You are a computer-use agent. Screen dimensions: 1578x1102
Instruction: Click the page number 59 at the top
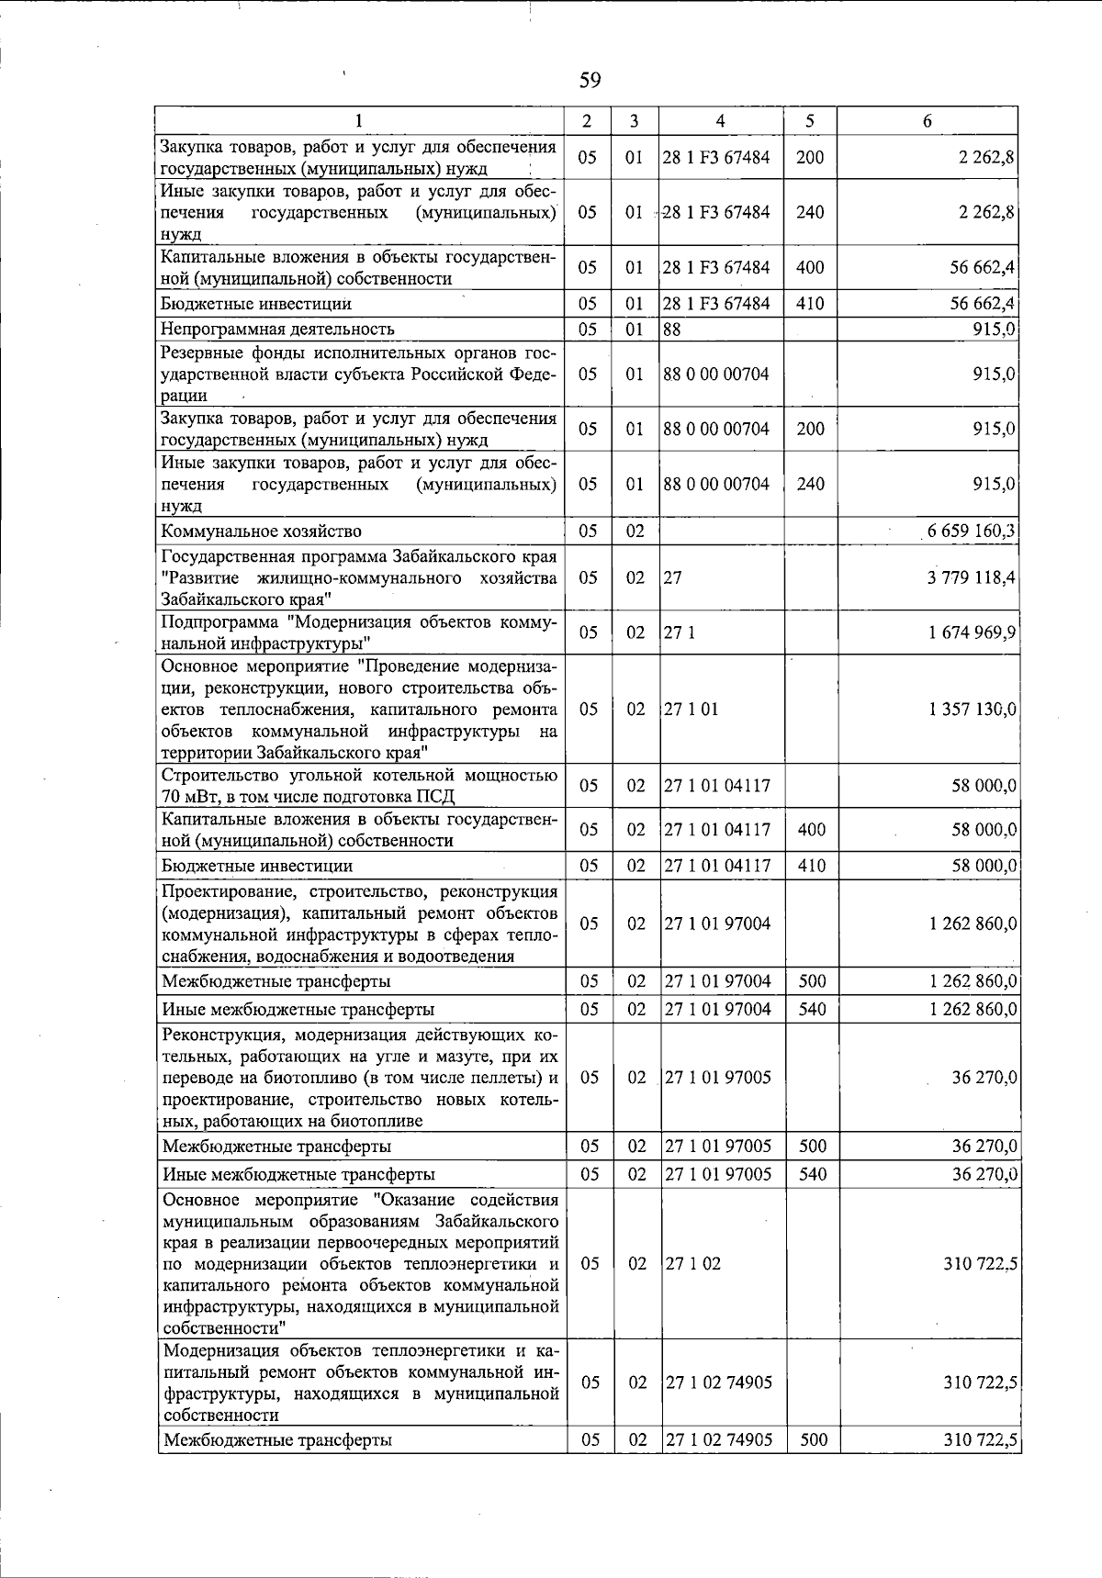click(590, 81)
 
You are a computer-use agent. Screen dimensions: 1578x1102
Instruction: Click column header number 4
click(720, 121)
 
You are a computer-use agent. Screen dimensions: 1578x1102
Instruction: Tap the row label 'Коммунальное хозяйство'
click(262, 532)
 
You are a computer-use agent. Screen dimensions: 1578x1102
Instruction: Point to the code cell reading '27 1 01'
click(692, 710)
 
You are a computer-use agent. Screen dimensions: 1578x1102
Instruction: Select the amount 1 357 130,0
click(973, 710)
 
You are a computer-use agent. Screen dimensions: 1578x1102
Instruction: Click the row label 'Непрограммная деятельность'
click(277, 329)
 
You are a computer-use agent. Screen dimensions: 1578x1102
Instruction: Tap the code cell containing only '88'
click(672, 329)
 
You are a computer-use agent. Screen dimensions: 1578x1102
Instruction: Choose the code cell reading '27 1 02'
click(692, 1263)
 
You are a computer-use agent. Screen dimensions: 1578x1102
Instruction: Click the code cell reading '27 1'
click(680, 632)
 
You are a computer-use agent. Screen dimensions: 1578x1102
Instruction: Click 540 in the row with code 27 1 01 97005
click(812, 1174)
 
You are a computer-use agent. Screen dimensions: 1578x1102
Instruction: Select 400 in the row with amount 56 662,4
click(810, 267)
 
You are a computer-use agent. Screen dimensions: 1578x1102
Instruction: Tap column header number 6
click(928, 121)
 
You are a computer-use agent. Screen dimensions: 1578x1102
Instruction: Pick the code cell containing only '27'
click(672, 577)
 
